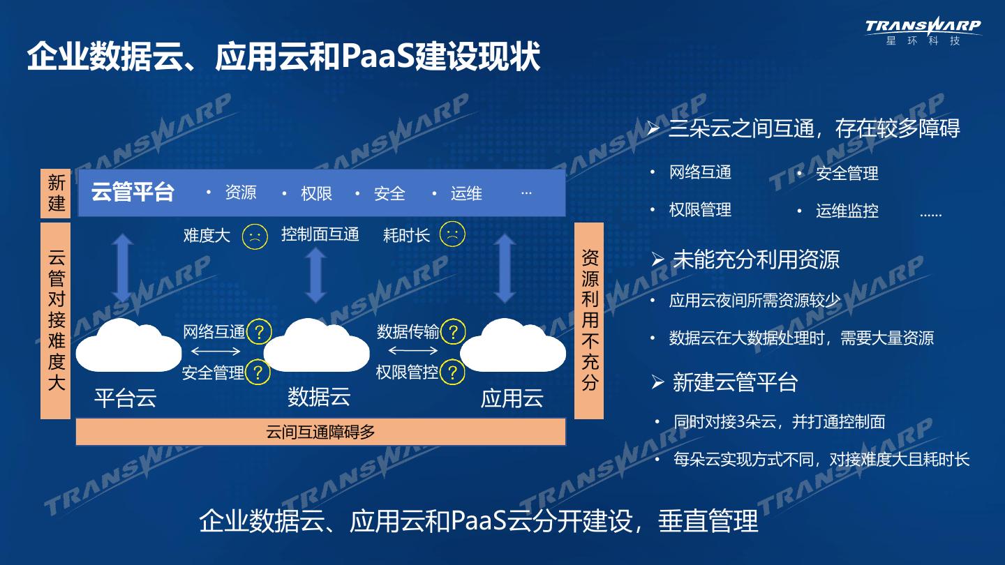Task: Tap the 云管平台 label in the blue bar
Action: click(x=133, y=192)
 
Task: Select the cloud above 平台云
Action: click(x=128, y=345)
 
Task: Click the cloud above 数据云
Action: click(x=316, y=345)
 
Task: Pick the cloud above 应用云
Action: click(x=513, y=345)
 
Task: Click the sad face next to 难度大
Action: click(x=255, y=235)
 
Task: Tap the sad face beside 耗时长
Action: click(x=452, y=234)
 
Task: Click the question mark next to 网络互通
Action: click(x=259, y=331)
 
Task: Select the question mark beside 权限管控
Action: click(x=453, y=372)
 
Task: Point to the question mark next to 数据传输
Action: click(x=453, y=331)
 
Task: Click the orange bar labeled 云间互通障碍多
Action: click(x=320, y=432)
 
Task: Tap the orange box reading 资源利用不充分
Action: click(x=589, y=321)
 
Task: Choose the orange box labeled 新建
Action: click(x=56, y=193)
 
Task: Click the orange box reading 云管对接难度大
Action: click(x=56, y=321)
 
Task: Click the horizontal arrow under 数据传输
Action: click(x=408, y=351)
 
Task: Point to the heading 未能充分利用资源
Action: click(x=755, y=259)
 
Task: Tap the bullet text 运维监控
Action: click(x=847, y=211)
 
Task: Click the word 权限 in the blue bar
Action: click(x=316, y=193)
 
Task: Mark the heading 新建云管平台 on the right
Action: click(x=734, y=382)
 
